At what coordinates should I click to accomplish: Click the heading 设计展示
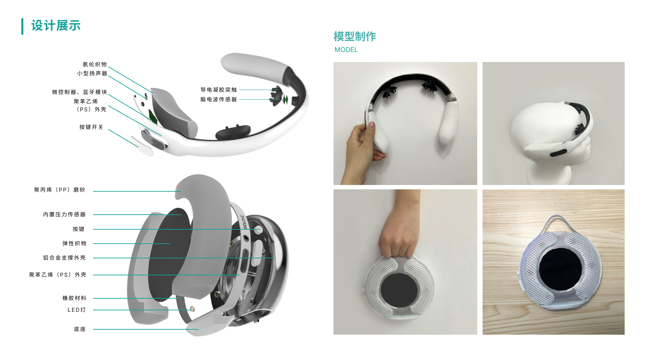click(x=56, y=26)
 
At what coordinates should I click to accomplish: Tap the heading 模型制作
click(x=355, y=36)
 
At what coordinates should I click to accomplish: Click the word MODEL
click(x=346, y=50)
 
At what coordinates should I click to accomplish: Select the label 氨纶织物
click(x=95, y=64)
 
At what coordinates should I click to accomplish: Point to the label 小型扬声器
click(x=92, y=73)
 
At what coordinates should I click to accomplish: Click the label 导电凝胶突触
click(x=218, y=90)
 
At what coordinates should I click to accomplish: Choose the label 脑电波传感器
click(x=218, y=99)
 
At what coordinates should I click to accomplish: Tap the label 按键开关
click(x=91, y=127)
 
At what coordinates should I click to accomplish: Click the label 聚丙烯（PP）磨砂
click(x=59, y=190)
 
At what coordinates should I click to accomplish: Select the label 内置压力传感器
click(x=64, y=214)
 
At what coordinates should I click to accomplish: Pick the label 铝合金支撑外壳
click(x=64, y=258)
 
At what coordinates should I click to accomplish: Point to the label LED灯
click(x=77, y=310)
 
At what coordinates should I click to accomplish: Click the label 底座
click(x=80, y=329)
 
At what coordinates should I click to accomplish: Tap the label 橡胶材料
click(x=74, y=298)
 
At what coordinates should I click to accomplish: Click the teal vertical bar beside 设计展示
click(x=22, y=26)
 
